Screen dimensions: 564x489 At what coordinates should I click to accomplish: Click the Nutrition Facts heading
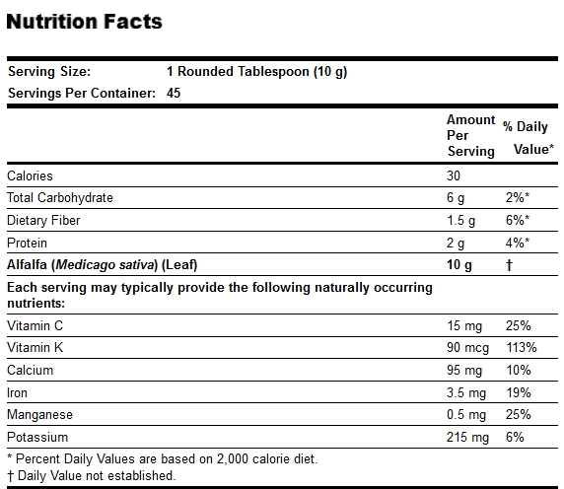85,22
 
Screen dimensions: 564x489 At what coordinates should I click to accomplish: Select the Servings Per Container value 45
174,93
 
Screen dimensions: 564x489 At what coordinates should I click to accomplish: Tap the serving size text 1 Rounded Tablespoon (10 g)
256,72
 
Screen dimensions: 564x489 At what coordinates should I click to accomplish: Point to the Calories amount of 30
454,175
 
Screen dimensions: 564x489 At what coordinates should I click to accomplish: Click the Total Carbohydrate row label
60,198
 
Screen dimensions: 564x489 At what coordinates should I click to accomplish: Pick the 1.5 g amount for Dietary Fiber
460,221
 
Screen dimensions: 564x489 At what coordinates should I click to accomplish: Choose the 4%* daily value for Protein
518,244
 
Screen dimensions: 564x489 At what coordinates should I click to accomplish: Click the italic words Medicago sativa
106,265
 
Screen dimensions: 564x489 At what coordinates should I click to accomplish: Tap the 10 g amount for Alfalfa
458,265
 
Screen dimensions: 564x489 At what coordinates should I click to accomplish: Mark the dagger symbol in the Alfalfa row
509,265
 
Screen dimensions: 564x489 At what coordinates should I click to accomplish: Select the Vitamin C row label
35,325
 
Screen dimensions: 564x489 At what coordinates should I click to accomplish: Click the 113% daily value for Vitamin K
522,348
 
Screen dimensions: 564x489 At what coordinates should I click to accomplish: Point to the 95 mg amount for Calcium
464,371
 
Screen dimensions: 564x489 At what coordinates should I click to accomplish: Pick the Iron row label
18,392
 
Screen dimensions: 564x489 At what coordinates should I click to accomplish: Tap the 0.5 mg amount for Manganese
466,415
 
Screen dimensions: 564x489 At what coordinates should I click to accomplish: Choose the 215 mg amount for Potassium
467,438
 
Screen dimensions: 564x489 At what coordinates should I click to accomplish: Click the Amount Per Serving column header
471,135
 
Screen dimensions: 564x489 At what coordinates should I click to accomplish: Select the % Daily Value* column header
529,138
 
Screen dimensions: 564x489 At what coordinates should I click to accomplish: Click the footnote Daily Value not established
97,476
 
